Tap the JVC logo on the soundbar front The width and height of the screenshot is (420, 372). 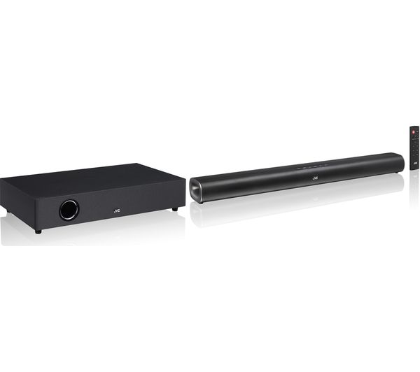(314, 177)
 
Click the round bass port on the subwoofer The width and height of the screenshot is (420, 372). (69, 210)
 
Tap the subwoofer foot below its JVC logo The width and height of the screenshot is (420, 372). (174, 208)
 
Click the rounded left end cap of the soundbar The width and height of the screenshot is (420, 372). (196, 189)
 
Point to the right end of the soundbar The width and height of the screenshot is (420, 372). (398, 162)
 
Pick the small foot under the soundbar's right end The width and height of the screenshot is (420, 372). (395, 173)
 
